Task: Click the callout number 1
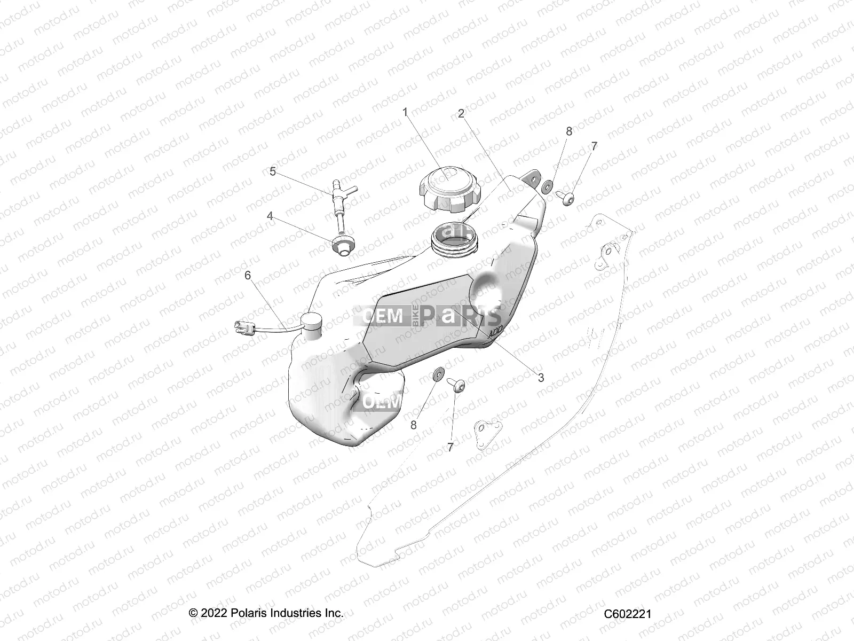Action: tap(405, 112)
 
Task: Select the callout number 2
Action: tap(461, 114)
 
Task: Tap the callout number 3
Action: tap(541, 378)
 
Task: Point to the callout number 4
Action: tap(270, 216)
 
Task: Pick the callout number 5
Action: tap(273, 171)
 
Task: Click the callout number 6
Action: tap(248, 275)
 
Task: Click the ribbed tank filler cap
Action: tap(449, 188)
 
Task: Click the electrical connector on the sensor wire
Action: tap(243, 326)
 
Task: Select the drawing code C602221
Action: tap(627, 614)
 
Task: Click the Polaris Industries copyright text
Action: tap(266, 613)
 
